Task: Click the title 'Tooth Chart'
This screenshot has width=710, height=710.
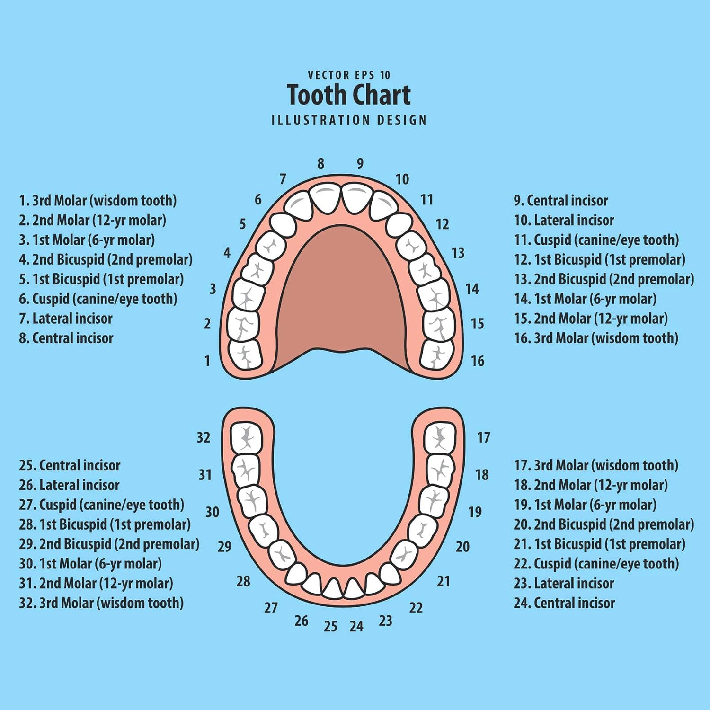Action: pos(348,95)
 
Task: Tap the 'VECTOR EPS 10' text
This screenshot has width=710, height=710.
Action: pos(349,75)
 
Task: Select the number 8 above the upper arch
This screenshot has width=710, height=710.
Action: pos(320,163)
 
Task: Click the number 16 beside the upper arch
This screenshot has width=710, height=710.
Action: pos(477,361)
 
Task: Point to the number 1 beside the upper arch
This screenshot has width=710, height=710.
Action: pos(207,361)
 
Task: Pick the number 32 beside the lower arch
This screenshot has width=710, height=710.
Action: pos(204,437)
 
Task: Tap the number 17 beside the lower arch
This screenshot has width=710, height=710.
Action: pos(483,437)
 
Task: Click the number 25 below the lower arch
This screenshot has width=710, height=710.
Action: pos(330,627)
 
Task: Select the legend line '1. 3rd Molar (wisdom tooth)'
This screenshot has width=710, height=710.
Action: pos(98,200)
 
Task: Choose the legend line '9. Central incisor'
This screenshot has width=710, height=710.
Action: pos(561,200)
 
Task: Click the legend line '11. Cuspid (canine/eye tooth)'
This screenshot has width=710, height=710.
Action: pos(596,240)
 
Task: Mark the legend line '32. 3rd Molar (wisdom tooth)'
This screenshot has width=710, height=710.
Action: pos(101,603)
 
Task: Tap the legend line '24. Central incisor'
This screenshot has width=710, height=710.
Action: pos(564,603)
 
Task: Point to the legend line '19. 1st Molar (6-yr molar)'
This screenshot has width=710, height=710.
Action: pos(585,505)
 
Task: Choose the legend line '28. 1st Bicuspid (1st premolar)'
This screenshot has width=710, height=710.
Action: pos(105,524)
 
